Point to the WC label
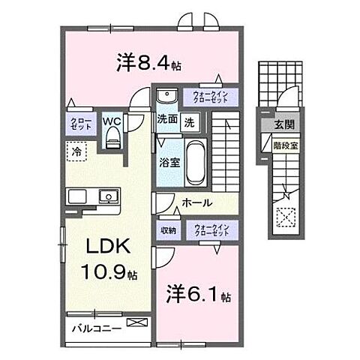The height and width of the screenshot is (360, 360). tap(112, 120)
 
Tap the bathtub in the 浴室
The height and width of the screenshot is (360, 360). tap(194, 161)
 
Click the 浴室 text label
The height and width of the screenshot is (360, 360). tap(166, 161)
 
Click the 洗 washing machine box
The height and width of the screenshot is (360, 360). tap(190, 121)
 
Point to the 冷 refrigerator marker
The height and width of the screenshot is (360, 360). tap(77, 152)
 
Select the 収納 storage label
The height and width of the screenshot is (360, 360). tap(166, 230)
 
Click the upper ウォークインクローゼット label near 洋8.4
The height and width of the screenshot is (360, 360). tap(214, 97)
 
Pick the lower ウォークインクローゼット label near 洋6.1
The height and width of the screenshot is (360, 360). tap(214, 230)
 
